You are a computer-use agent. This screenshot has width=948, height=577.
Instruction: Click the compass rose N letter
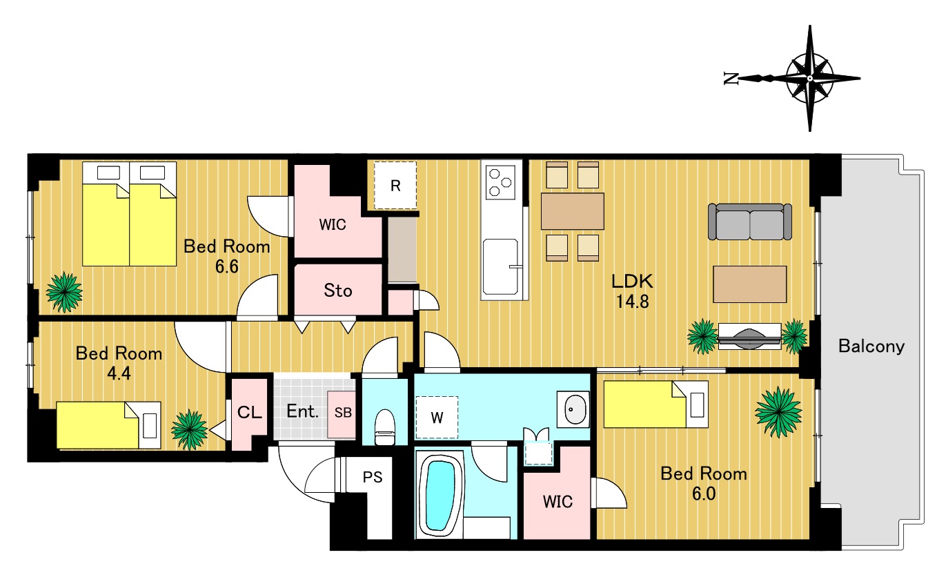(x=731, y=79)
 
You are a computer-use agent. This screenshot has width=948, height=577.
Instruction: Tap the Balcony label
(x=871, y=346)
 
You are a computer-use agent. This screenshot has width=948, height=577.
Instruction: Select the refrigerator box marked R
(x=395, y=185)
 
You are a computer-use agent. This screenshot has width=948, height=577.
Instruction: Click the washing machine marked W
(x=437, y=418)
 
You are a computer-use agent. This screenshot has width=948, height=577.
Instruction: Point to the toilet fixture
(x=385, y=427)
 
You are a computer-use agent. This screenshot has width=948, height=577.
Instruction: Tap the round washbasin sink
(x=573, y=409)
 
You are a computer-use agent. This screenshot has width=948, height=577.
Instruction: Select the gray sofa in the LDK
(x=750, y=222)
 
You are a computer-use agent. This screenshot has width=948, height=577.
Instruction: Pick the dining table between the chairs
(x=572, y=211)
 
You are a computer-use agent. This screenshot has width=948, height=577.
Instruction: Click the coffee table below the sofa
(x=749, y=284)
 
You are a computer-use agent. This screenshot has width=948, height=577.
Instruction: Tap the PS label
(x=373, y=477)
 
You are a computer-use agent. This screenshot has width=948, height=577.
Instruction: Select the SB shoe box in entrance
(x=342, y=414)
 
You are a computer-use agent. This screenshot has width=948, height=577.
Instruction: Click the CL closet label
(x=250, y=412)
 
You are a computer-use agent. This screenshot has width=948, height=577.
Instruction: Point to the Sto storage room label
(x=337, y=291)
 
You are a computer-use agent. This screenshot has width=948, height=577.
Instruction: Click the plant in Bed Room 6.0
(x=778, y=412)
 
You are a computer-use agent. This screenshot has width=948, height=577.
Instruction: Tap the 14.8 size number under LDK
(x=632, y=302)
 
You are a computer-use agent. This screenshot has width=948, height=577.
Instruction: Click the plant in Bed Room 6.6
(x=64, y=292)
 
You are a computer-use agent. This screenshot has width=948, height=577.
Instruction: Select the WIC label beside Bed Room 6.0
(x=557, y=502)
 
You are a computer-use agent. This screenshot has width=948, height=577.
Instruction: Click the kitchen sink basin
(x=501, y=266)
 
